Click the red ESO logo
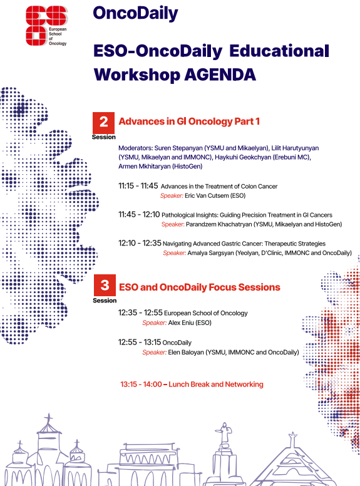click(46, 26)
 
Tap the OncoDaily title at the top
click(135, 14)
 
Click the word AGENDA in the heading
click(220, 75)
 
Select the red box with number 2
click(103, 123)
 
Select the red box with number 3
click(105, 285)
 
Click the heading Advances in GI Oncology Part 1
click(189, 121)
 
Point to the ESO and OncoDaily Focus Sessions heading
click(200, 287)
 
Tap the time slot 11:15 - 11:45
click(138, 185)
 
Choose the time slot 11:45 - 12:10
click(139, 214)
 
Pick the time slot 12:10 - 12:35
click(140, 243)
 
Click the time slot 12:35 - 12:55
click(140, 313)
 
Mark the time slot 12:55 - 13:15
click(140, 342)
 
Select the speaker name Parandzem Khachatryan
click(219, 224)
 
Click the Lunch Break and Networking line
click(192, 385)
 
